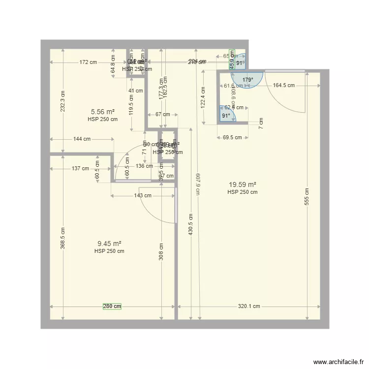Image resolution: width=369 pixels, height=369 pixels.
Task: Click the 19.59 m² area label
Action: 242,184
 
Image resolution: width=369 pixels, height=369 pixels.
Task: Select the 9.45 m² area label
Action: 109,244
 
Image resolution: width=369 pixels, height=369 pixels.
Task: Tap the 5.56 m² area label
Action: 103,112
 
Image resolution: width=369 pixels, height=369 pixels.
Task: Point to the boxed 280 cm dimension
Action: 112,306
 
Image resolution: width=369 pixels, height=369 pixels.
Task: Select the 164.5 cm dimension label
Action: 284,85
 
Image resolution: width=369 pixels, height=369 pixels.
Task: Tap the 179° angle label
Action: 247,80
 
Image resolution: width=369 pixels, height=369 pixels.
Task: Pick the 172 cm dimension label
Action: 89,62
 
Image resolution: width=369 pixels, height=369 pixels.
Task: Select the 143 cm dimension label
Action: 142,195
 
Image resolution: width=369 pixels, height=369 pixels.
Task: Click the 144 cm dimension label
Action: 82,139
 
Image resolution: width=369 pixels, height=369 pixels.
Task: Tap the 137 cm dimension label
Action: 80,168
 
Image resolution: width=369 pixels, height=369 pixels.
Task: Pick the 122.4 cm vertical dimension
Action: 202,97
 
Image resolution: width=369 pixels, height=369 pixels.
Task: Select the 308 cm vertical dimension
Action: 161,251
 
